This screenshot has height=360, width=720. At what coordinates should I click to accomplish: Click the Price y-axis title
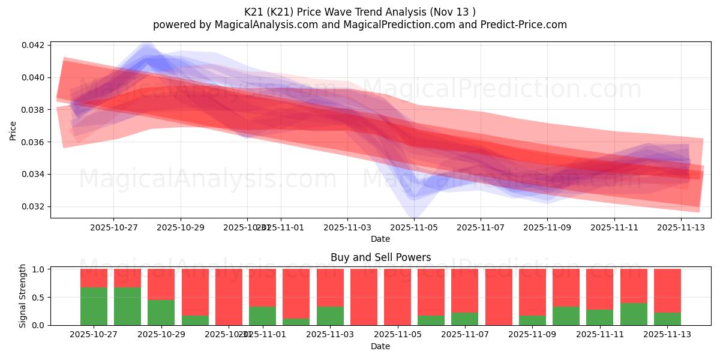pyautogui.click(x=13, y=130)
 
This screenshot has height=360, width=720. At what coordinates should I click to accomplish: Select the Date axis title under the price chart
pyautogui.click(x=380, y=239)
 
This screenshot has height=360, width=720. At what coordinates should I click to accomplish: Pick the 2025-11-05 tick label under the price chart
pyautogui.click(x=414, y=228)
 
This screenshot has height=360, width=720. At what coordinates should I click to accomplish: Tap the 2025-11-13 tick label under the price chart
pyautogui.click(x=680, y=228)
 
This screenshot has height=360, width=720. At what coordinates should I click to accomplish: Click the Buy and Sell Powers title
pyautogui.click(x=380, y=257)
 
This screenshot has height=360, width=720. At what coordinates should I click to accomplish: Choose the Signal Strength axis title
pyautogui.click(x=23, y=296)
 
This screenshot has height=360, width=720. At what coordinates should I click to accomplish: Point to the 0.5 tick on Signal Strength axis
pyautogui.click(x=38, y=298)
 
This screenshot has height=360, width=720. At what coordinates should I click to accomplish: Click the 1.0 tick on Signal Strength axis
pyautogui.click(x=38, y=269)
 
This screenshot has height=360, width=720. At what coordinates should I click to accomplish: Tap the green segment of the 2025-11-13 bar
pyautogui.click(x=667, y=319)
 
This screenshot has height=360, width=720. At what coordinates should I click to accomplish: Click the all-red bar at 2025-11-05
pyautogui.click(x=397, y=297)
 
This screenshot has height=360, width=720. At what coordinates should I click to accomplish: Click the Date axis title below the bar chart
pyautogui.click(x=380, y=346)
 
